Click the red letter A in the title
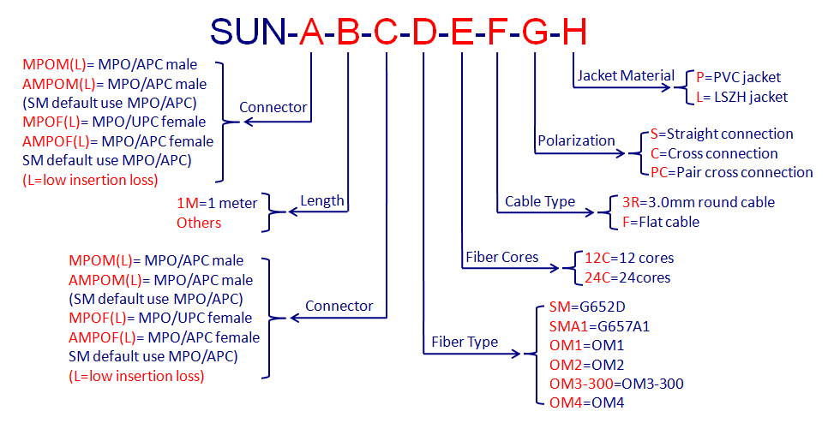tap(311, 32)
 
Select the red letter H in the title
tap(574, 32)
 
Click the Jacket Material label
tap(626, 75)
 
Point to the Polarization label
tap(576, 140)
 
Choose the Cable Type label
tap(540, 201)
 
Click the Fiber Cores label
tap(501, 257)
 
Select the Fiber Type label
tap(465, 342)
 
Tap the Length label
tap(322, 201)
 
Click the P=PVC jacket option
tap(738, 77)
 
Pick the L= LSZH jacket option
tap(742, 97)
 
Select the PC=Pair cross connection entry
tap(731, 173)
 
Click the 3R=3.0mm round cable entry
tap(698, 202)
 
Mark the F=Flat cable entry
tap(661, 222)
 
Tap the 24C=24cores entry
tap(627, 277)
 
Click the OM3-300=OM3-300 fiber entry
tap(616, 384)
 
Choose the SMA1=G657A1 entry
tap(599, 326)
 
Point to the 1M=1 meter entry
tap(217, 203)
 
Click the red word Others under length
tap(199, 223)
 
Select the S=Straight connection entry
tap(722, 134)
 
